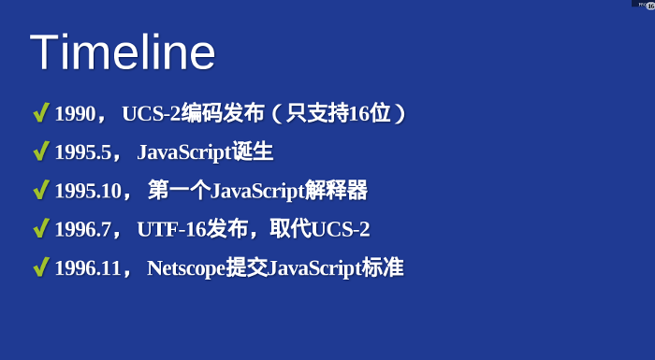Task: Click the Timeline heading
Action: [123, 52]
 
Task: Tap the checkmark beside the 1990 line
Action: [40, 114]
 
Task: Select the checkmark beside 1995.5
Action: [40, 152]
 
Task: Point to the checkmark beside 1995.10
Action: [40, 191]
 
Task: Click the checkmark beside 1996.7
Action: [40, 229]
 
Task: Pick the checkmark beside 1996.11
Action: [40, 267]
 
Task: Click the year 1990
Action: [75, 115]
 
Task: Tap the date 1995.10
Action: [88, 192]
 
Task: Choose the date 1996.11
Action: [88, 268]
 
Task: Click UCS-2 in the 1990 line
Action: [152, 115]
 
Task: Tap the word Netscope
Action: [186, 268]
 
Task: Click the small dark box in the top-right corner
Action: [644, 4]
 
